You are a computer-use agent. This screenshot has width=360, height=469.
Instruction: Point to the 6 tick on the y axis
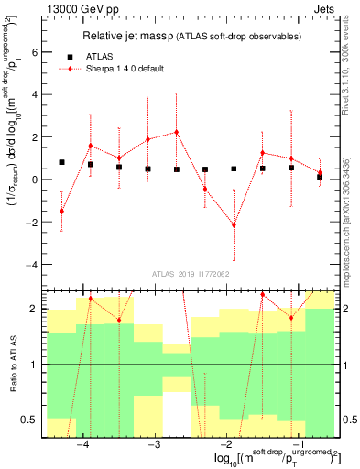coord(37,52)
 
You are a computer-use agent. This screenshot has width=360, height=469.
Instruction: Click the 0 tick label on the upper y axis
coord(37,180)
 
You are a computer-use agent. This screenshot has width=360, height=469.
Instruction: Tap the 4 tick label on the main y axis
coord(37,94)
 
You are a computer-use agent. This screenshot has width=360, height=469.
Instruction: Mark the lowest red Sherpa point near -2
coord(234,224)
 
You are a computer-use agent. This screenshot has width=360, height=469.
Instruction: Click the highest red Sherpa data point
coord(176,132)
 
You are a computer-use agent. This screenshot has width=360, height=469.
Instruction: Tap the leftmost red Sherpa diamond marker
coord(61,211)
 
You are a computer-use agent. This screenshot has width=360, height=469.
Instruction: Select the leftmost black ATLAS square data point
coord(61,162)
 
